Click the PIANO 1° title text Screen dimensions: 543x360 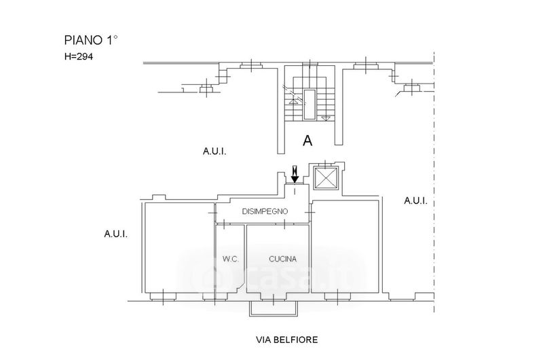(x=91, y=40)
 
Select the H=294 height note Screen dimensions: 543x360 (x=79, y=56)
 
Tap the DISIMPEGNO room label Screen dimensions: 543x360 (x=265, y=211)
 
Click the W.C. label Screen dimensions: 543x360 (x=230, y=259)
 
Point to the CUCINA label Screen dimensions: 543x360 (x=282, y=259)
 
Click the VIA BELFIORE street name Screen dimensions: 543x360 (x=286, y=340)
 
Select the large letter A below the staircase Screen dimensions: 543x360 (x=307, y=141)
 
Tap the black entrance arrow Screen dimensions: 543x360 (x=295, y=175)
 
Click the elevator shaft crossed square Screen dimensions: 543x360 (x=326, y=178)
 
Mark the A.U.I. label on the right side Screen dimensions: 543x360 (x=415, y=200)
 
